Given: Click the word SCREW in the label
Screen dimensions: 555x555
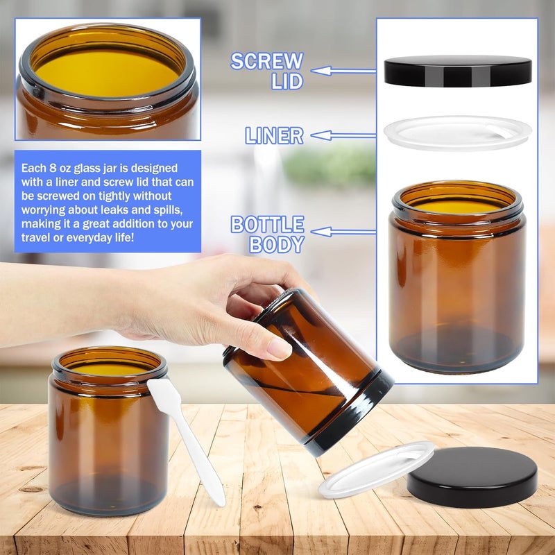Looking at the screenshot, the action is coord(267,61).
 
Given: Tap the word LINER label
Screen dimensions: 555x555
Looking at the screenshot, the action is coord(274,135).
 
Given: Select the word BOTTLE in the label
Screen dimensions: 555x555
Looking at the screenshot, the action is coord(267,224).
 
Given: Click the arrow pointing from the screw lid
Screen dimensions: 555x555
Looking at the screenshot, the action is coord(343,71).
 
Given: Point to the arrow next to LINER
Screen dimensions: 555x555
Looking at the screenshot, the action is coord(343,135).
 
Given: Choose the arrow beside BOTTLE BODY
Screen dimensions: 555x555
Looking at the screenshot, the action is coord(343,232).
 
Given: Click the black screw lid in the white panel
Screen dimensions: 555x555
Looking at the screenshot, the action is coord(458,71).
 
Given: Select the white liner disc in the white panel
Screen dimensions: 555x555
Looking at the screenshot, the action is coord(458,133).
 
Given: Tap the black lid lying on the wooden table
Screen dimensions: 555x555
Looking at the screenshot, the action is coord(472,477).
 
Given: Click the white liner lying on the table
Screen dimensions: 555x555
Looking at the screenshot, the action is coord(376,469).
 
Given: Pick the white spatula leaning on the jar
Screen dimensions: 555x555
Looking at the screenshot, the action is coord(185,440).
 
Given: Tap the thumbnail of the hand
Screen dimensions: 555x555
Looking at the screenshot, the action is coord(280,348).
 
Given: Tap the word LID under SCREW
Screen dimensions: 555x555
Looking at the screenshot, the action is coord(287,81).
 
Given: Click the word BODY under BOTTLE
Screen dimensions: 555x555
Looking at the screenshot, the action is coord(277,244).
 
